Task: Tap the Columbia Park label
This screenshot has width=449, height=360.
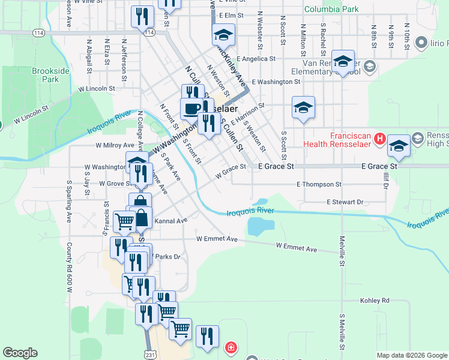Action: pyautogui.click(x=331, y=10)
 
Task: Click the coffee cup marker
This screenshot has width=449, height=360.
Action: pyautogui.click(x=191, y=109)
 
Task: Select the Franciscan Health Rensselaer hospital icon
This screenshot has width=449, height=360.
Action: pyautogui.click(x=379, y=139)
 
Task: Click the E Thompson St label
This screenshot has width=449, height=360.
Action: pyautogui.click(x=319, y=184)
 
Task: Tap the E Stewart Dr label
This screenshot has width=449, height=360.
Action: pyautogui.click(x=345, y=202)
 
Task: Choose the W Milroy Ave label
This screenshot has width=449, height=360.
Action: pyautogui.click(x=115, y=145)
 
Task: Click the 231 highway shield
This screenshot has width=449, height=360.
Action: pyautogui.click(x=148, y=355)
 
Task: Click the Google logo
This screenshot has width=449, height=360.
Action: pyautogui.click(x=20, y=353)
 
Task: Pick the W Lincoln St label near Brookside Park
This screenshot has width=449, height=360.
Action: pyautogui.click(x=97, y=88)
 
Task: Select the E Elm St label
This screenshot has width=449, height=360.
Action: pyautogui.click(x=232, y=16)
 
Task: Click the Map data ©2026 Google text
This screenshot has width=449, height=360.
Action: pyautogui.click(x=411, y=355)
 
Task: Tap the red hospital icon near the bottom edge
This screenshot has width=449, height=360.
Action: pyautogui.click(x=231, y=347)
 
